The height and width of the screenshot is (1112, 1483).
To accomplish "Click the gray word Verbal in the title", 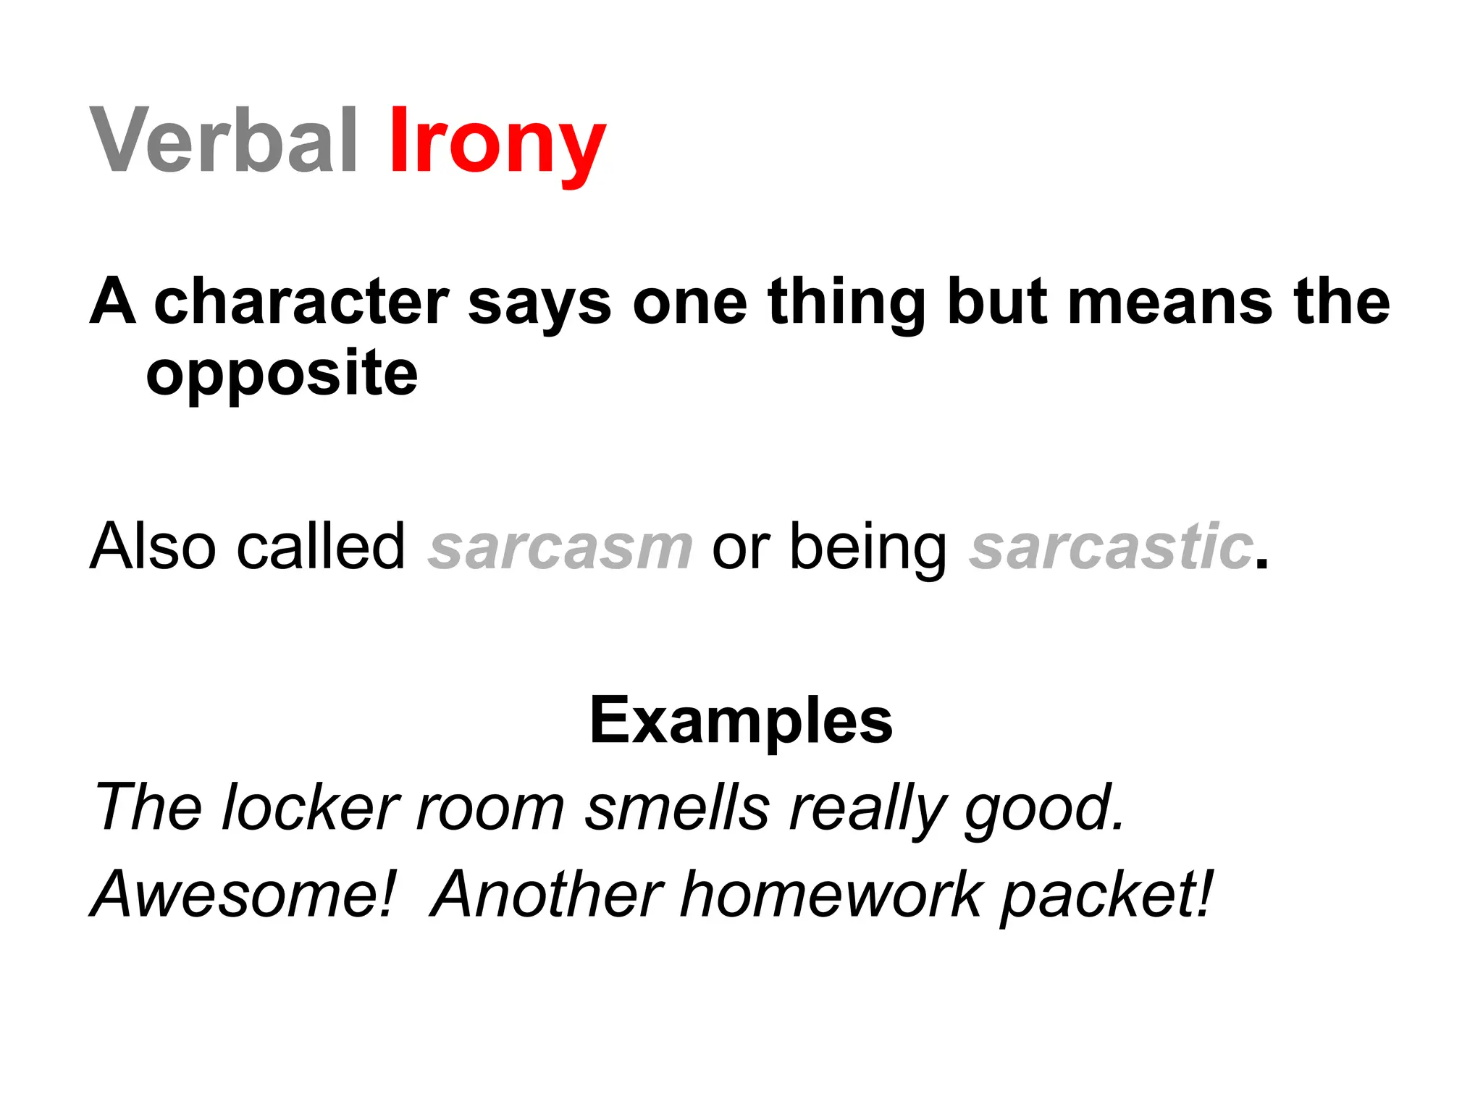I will [223, 140].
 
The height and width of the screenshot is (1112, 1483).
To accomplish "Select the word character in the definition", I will [301, 303].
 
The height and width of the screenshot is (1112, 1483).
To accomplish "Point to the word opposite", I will [282, 374].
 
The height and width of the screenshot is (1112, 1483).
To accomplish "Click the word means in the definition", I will [1169, 303].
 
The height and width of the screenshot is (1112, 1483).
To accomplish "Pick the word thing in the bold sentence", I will [846, 303].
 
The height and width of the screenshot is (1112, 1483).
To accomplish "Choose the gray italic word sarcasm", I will [560, 547].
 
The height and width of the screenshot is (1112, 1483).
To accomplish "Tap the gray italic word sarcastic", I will [1112, 547].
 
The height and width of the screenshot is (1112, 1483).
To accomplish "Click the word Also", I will [153, 547].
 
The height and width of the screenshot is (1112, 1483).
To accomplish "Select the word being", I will [867, 549].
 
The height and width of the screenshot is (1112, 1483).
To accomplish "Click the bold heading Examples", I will [741, 721].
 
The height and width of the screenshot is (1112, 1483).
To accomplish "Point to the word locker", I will [311, 808].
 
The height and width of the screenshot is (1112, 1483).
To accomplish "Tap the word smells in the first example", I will [677, 808].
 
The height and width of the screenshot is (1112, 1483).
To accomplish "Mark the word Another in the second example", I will [547, 895].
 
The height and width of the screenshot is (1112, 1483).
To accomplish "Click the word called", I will [320, 547].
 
